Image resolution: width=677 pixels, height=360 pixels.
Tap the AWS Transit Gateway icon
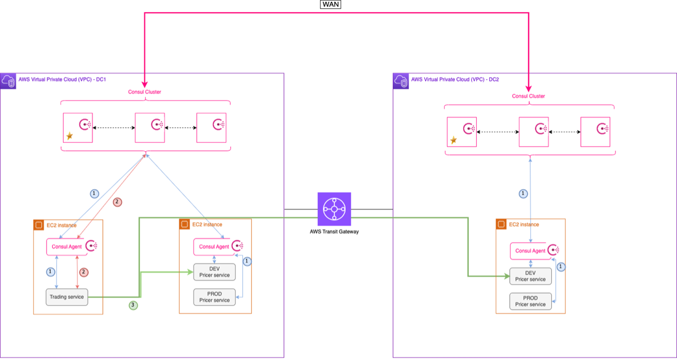(334, 208)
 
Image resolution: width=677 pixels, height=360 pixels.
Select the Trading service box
(67, 297)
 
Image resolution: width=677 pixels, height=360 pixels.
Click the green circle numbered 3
(134, 306)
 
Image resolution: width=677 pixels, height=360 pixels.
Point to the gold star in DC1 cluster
(70, 136)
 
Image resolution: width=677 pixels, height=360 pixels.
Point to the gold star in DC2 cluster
(454, 140)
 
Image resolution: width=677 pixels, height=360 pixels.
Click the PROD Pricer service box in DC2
(530, 301)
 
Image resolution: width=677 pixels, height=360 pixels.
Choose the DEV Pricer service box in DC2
(530, 276)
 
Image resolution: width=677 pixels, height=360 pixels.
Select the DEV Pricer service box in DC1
(214, 272)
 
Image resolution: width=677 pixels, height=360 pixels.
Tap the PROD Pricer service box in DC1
(214, 297)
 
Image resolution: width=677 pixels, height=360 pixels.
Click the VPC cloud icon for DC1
(9, 81)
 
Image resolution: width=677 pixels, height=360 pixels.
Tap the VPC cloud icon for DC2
(401, 81)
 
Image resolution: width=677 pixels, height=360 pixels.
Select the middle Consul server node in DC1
(150, 127)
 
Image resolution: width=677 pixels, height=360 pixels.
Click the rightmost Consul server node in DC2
(596, 132)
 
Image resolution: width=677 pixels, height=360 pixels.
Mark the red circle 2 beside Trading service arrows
(84, 272)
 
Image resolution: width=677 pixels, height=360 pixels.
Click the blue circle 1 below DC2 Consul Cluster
(523, 193)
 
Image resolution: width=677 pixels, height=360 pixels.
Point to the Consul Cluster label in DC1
(144, 92)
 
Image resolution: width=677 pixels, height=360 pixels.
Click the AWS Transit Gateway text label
(334, 231)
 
